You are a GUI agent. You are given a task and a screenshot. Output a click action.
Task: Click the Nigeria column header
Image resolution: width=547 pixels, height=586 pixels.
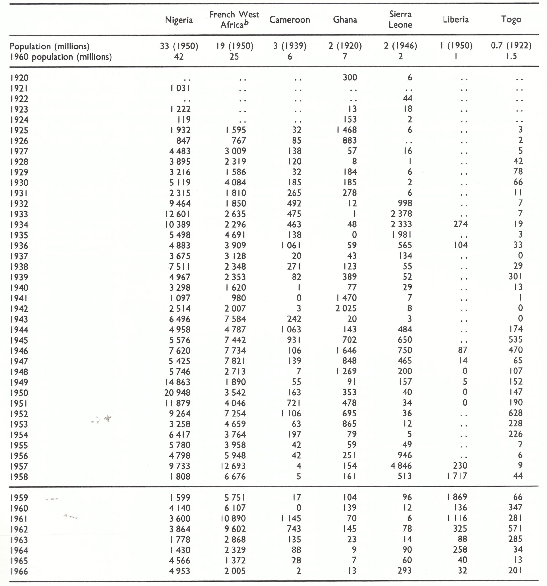(179, 20)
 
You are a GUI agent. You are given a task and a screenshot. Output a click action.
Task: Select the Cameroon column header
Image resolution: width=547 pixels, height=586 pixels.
(289, 20)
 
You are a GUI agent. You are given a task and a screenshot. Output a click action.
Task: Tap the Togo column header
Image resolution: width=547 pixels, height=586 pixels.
(511, 19)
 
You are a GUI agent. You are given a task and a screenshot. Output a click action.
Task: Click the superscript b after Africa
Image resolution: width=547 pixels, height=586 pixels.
(246, 23)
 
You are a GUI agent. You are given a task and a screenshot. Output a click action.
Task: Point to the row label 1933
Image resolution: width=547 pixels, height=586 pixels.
(19, 214)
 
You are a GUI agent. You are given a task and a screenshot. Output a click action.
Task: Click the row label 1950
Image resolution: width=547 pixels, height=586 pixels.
(19, 393)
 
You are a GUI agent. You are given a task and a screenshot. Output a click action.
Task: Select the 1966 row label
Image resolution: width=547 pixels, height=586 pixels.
(19, 571)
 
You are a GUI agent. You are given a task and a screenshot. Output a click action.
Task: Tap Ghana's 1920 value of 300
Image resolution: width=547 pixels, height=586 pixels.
(350, 77)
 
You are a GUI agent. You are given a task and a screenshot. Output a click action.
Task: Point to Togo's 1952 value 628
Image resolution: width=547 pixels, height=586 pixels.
(515, 413)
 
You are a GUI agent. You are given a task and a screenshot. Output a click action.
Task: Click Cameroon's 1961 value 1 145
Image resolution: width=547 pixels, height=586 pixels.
(291, 518)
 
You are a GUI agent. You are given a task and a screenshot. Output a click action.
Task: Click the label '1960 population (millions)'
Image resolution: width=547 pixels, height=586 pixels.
(61, 57)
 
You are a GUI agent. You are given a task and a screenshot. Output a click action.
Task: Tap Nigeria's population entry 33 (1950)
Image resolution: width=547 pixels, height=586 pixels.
(179, 46)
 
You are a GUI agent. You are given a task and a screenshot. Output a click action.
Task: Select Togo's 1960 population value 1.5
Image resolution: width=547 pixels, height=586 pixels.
(511, 56)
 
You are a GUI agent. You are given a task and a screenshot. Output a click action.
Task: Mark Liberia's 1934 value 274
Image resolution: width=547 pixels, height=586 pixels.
(460, 224)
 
